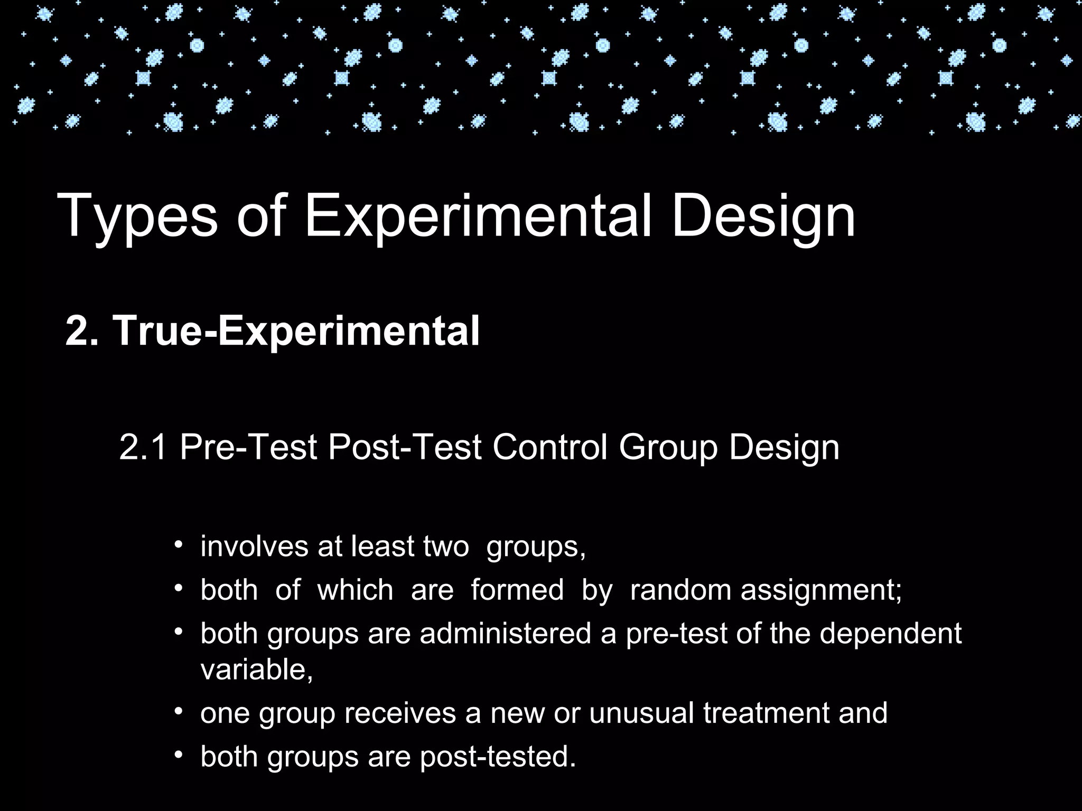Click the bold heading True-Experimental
(x=296, y=331)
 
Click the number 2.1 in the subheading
(x=143, y=447)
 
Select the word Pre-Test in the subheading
(x=248, y=447)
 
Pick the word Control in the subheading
(x=549, y=447)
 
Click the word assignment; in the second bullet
(x=821, y=590)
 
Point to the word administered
(x=506, y=633)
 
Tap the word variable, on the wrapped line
(x=257, y=669)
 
